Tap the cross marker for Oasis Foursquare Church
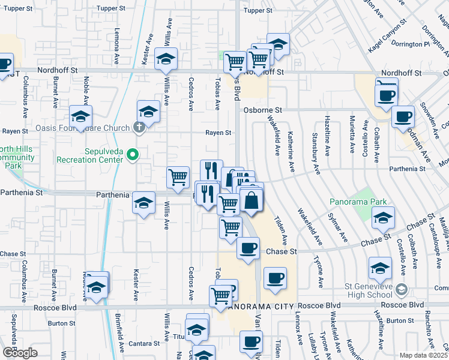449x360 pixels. [139, 127]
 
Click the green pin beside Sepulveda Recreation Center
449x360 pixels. [134, 155]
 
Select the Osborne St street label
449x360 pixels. [262, 110]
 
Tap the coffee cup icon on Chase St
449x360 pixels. [248, 247]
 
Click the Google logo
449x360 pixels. [20, 353]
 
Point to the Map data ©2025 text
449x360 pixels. [424, 355]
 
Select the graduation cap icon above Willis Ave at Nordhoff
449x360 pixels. [166, 58]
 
